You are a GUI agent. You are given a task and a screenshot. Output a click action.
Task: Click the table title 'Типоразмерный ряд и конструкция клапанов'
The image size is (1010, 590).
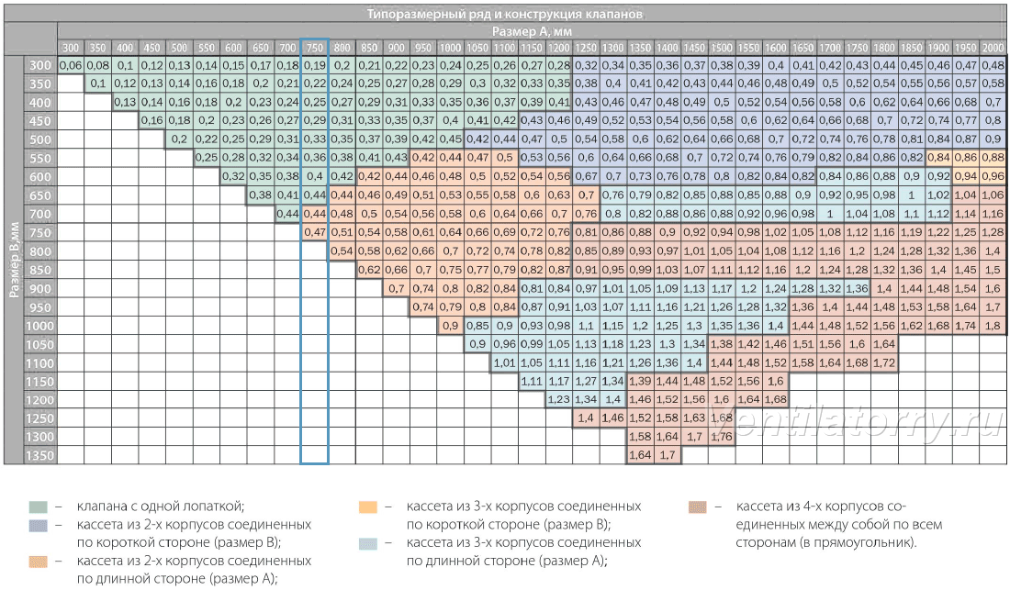click(504, 14)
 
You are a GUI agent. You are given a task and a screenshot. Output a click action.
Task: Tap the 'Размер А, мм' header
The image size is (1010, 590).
click(532, 31)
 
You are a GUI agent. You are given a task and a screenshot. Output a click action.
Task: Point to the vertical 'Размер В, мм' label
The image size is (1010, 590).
click(14, 260)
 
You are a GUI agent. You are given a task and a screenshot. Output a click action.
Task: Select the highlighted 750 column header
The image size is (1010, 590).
click(314, 48)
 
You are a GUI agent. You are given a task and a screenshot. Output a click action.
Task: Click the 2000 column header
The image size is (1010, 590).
click(993, 48)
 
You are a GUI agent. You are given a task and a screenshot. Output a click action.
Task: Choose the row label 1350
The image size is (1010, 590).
click(39, 455)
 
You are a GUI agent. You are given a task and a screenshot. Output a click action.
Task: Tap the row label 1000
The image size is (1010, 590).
click(39, 326)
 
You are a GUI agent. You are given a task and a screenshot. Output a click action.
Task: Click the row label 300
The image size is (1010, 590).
click(39, 65)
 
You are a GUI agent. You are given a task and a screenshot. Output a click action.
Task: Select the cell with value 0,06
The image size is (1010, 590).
click(70, 65)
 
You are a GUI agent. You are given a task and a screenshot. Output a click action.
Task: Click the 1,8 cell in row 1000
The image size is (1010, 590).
click(993, 326)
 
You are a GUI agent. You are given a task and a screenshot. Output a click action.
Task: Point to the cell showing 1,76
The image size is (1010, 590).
click(722, 437)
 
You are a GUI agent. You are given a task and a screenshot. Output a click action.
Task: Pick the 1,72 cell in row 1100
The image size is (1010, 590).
click(884, 362)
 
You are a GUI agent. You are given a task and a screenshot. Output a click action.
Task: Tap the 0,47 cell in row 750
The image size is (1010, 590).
click(314, 232)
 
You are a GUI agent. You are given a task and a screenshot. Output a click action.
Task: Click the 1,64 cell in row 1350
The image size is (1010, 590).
click(640, 455)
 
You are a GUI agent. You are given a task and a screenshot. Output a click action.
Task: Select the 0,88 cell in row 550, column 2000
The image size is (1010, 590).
click(993, 158)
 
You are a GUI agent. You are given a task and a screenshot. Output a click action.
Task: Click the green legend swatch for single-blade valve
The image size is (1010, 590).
click(39, 507)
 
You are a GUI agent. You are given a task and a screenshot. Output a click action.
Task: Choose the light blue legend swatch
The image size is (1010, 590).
click(368, 544)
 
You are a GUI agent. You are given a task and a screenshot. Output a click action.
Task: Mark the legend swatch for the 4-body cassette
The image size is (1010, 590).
click(698, 507)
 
